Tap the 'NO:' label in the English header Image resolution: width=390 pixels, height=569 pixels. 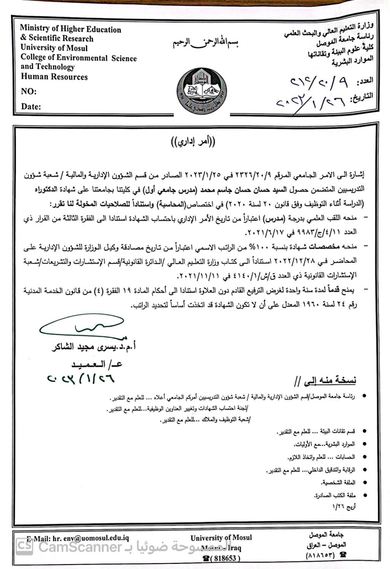29,91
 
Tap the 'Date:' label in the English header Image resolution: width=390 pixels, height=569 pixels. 31,107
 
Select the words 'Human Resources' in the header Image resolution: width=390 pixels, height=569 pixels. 54,77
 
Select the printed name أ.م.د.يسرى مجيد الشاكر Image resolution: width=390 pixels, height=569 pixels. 94,347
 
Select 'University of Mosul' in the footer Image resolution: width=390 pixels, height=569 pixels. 221,538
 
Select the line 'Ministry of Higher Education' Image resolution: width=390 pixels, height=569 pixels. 70,29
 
